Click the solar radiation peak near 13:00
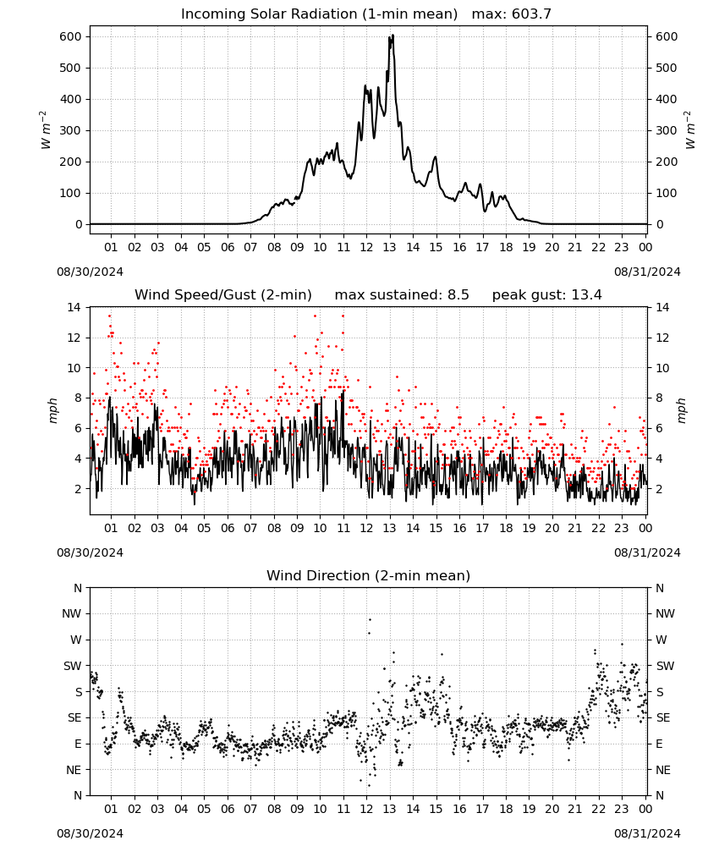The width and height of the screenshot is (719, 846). point(392,35)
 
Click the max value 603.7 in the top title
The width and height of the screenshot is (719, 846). point(531,14)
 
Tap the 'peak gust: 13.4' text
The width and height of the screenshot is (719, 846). point(546,294)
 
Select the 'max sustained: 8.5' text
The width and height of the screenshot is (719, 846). point(402,294)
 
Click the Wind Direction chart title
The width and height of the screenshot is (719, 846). point(369,575)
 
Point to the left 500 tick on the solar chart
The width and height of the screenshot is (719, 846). point(71,68)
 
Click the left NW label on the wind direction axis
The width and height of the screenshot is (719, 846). point(72,613)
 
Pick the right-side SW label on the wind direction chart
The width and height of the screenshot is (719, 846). point(665,666)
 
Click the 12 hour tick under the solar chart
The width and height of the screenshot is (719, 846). point(367,247)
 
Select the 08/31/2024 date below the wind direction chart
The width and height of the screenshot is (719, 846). point(647,833)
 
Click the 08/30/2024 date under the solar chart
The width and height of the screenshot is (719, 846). point(90,272)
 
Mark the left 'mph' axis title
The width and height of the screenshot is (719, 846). point(52,411)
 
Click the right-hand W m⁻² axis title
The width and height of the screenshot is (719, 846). point(690,130)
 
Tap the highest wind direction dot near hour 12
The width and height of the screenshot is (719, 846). point(370,619)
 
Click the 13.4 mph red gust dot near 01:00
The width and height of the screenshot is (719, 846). point(109,316)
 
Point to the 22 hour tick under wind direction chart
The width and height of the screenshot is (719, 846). point(598,809)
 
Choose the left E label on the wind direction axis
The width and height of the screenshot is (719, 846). point(78,744)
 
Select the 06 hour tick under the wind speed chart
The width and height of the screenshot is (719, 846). point(228,528)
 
